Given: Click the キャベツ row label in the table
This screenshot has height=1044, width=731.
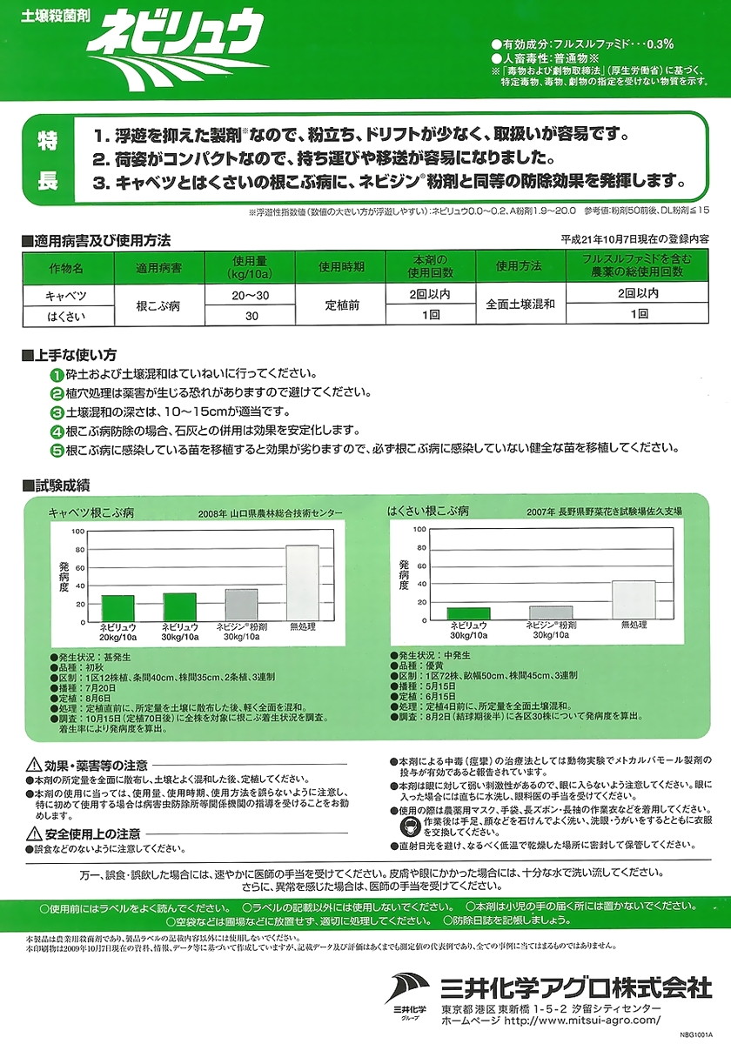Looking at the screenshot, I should pos(65,295).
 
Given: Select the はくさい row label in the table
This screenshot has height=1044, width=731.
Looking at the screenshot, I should pos(65,315).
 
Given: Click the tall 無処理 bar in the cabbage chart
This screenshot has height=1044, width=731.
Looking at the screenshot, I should pos(303,582).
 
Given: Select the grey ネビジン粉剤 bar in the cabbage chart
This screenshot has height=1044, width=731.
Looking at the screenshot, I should pos(241,604).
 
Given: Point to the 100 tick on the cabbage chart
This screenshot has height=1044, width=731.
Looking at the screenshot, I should pos(78,530).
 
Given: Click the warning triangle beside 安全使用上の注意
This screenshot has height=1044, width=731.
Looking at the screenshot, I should pos(33,833).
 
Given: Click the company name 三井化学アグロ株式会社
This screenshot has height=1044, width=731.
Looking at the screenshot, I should pos(575,987).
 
